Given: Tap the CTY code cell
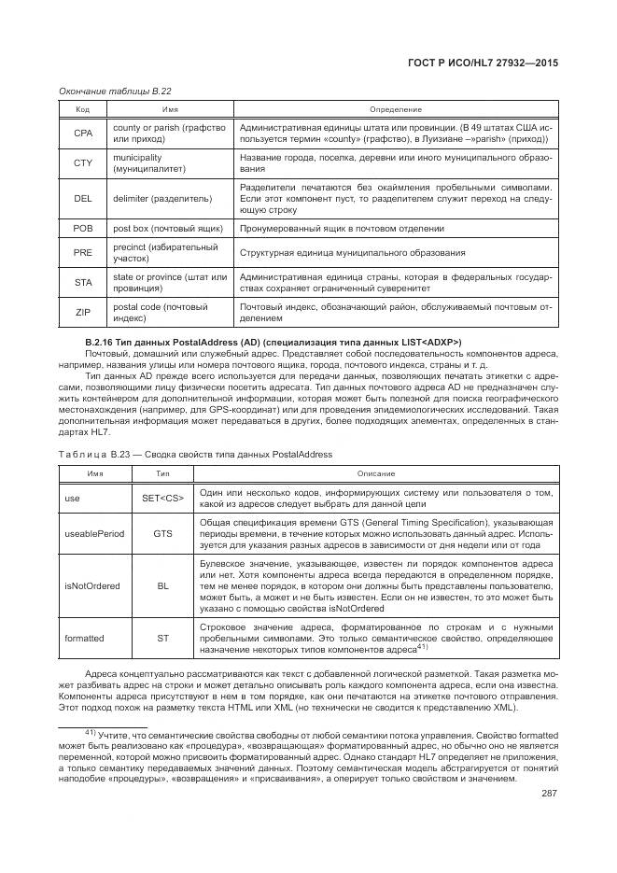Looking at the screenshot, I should click(x=82, y=164).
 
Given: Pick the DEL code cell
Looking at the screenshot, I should click(x=82, y=198).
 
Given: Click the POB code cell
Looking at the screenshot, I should click(x=82, y=228).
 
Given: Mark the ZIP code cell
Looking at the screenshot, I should click(x=82, y=313).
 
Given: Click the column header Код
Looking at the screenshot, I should click(x=82, y=109).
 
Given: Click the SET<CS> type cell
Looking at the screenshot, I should click(x=162, y=499).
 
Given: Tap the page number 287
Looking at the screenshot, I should click(x=548, y=794).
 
